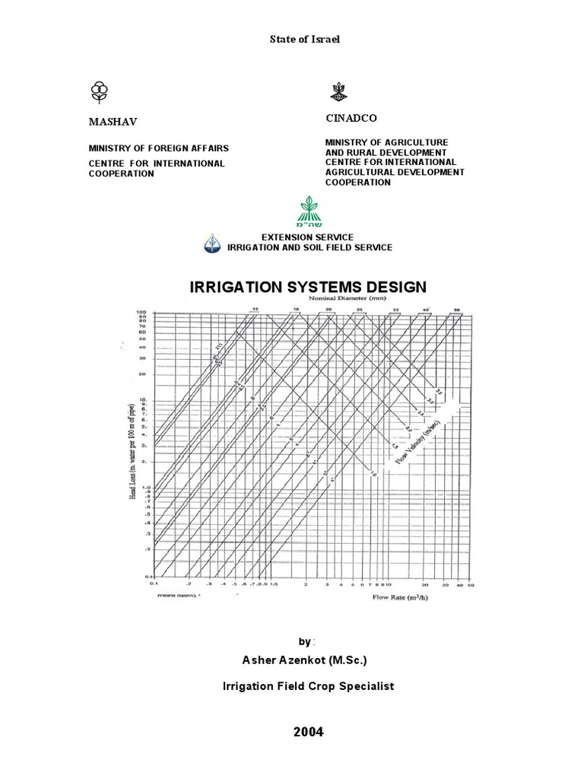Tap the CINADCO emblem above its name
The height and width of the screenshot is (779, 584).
(x=338, y=92)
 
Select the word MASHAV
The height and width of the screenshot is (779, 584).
(x=114, y=122)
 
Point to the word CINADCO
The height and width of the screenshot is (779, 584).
(x=351, y=119)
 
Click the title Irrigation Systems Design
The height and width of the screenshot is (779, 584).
(x=308, y=287)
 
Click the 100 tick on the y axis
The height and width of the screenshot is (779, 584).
(x=141, y=312)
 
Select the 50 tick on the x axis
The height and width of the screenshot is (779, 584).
(x=471, y=586)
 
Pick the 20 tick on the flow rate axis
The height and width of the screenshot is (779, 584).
(x=425, y=586)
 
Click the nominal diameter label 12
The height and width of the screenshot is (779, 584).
(x=255, y=309)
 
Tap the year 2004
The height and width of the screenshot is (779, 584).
(x=308, y=732)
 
